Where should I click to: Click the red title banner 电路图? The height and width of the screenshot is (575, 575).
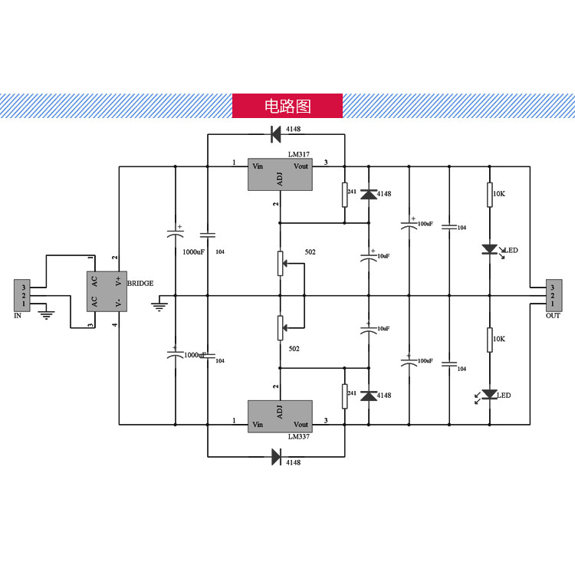(287, 106)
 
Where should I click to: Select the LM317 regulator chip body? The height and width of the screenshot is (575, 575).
(279, 176)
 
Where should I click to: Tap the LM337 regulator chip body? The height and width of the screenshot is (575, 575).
(279, 416)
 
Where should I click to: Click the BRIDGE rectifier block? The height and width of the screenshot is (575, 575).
(105, 291)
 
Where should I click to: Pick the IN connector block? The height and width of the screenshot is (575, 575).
(24, 294)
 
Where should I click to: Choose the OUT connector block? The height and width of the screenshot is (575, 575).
(552, 294)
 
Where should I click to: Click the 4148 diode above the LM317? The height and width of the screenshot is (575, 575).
(276, 134)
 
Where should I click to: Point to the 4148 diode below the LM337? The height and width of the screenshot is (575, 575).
(277, 458)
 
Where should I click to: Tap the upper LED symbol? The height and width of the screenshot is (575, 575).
(490, 249)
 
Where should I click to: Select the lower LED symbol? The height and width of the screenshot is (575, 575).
(490, 395)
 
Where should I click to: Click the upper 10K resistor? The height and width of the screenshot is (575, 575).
(489, 195)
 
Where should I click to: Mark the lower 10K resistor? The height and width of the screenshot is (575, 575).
(489, 340)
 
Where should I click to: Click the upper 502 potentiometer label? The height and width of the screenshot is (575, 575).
(310, 252)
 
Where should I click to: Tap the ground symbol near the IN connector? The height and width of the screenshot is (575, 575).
(47, 312)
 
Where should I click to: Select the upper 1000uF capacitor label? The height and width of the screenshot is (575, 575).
(193, 251)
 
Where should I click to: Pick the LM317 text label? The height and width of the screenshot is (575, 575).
(299, 154)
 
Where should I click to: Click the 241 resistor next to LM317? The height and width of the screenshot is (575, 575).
(344, 195)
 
